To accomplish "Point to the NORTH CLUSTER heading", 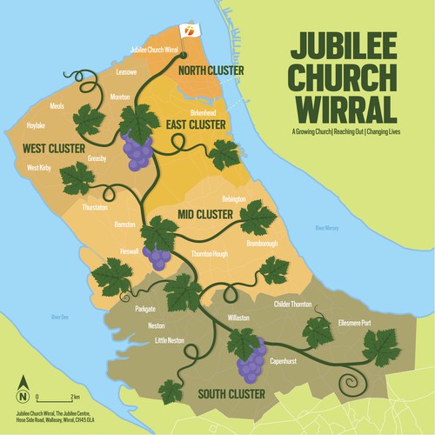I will click(211, 70).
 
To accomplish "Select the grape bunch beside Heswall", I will click(157, 257).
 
